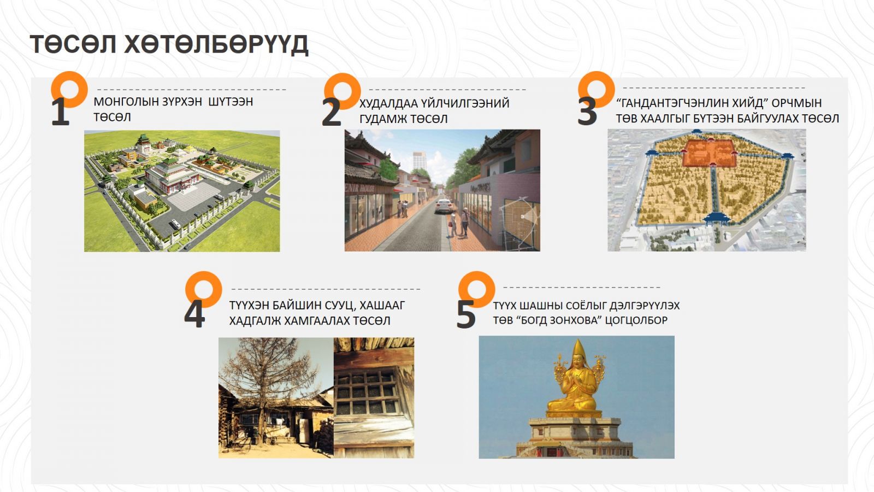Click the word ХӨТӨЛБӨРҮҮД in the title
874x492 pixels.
(x=216, y=44)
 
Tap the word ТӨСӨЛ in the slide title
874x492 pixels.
(x=73, y=44)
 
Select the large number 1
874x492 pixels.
(x=61, y=112)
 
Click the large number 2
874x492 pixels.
(x=331, y=113)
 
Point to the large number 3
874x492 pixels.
(x=587, y=112)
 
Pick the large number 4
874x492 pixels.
(x=194, y=314)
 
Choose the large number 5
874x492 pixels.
(x=466, y=314)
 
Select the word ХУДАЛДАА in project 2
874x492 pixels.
(x=387, y=103)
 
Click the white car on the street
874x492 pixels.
(x=444, y=206)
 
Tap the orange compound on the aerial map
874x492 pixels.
(x=709, y=153)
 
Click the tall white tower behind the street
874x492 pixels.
(x=420, y=161)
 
